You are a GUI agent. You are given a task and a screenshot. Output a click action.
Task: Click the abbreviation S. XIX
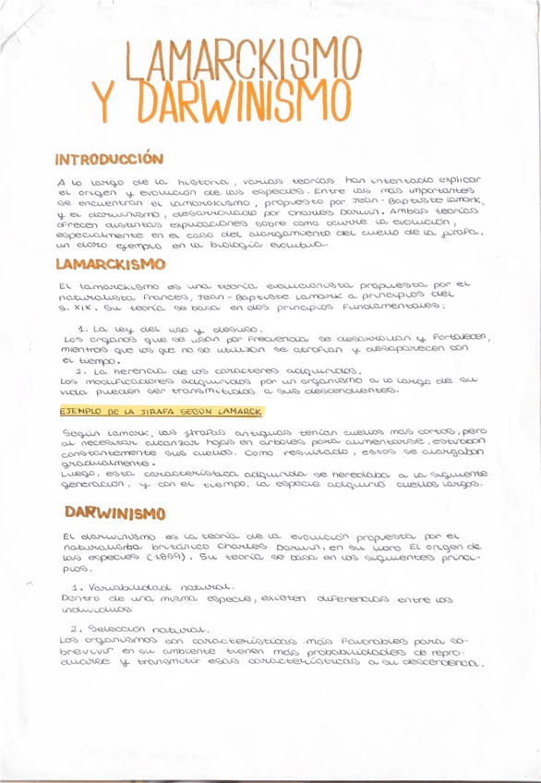tap(74, 311)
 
